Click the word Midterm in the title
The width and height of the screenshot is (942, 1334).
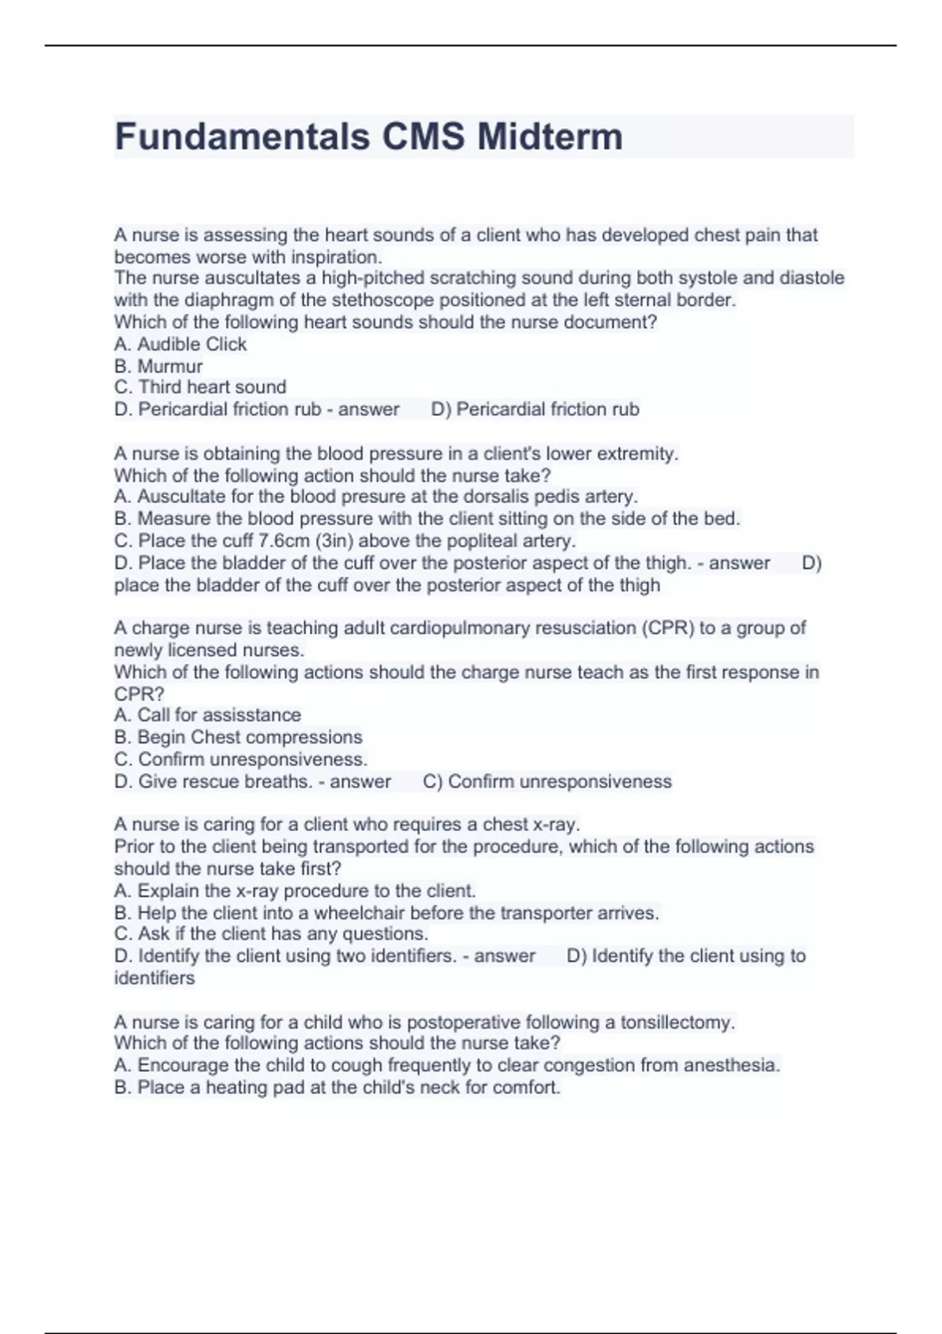(x=549, y=137)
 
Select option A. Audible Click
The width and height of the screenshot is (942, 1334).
(x=181, y=344)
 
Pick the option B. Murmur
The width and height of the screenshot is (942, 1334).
(x=159, y=366)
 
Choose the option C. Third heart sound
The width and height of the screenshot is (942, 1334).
(x=200, y=387)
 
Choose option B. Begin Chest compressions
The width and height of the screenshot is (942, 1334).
(x=238, y=737)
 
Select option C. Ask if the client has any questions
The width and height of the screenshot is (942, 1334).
(x=271, y=934)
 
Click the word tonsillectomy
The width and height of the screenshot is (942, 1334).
(x=677, y=1022)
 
